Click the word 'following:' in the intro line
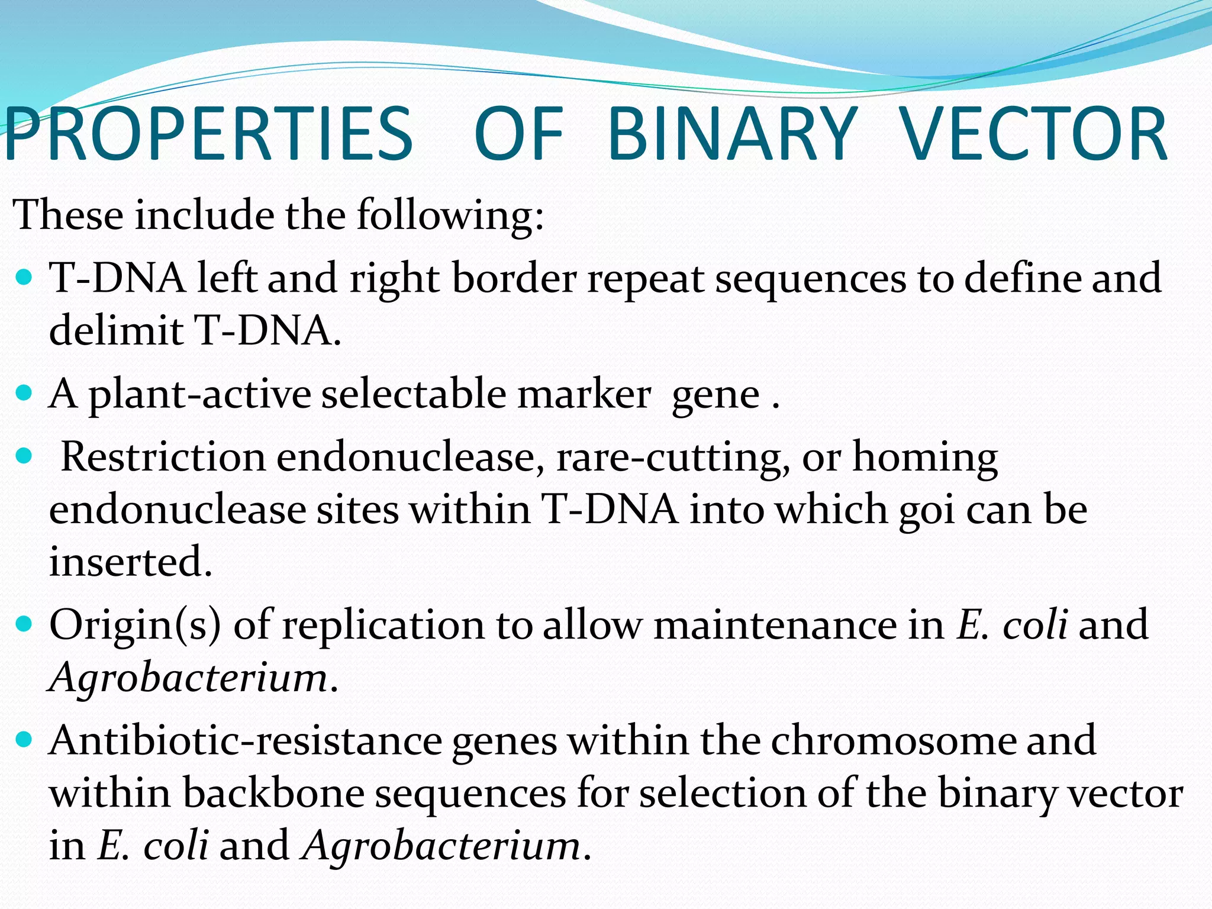[450, 215]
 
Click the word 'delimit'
[116, 330]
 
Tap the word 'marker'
[584, 394]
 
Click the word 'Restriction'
[163, 457]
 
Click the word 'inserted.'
[131, 562]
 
